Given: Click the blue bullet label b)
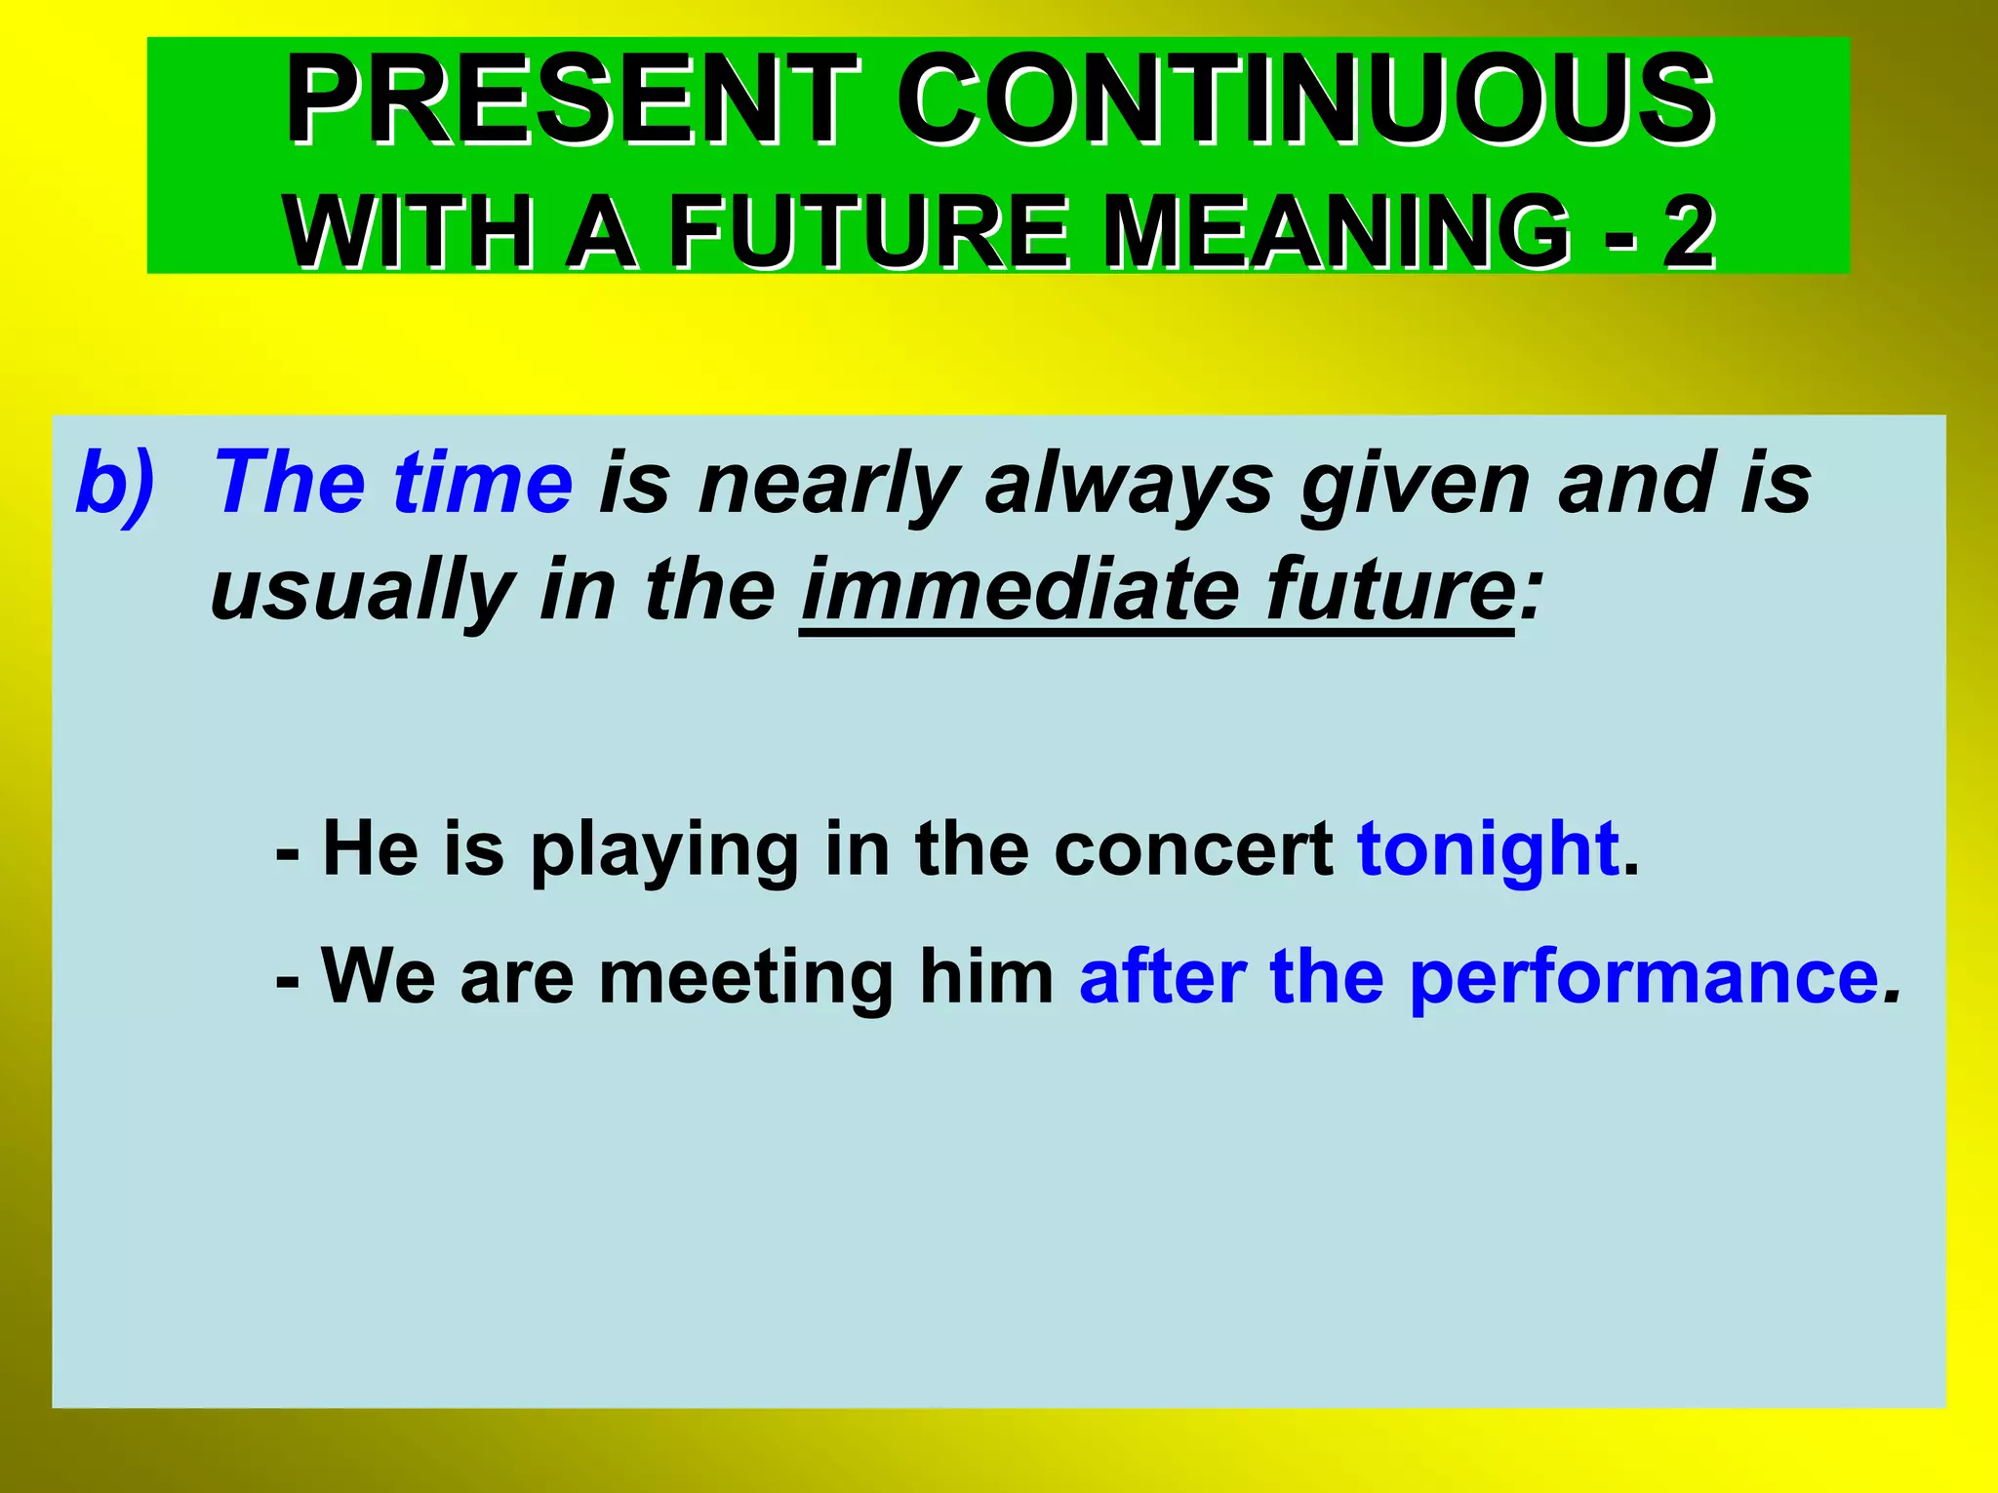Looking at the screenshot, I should point(115,483).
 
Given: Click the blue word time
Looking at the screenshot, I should point(482,483).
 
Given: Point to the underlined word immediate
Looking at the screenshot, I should point(1019,590).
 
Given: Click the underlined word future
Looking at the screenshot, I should point(1389,590).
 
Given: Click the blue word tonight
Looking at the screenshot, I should point(1489,848).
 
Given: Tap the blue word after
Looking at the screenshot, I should point(1162,976).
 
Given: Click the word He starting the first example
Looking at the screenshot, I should point(371,848).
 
